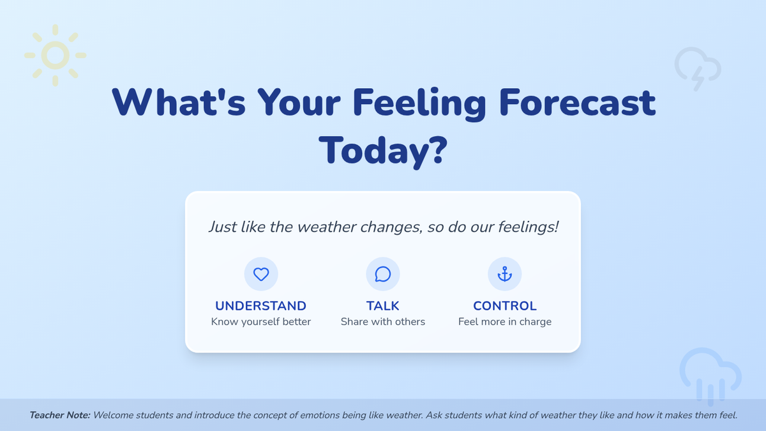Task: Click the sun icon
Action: (55, 56)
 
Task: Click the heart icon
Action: (261, 274)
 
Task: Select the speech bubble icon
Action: (382, 274)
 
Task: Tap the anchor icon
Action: (505, 274)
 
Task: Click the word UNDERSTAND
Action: (260, 306)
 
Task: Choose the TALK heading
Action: (382, 306)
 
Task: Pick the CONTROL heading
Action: (505, 306)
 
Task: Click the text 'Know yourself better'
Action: (261, 322)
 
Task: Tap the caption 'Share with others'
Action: (382, 322)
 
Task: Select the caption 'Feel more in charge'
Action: (505, 322)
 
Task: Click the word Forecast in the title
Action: (577, 103)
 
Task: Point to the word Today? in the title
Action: (383, 151)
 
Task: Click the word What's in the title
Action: (179, 102)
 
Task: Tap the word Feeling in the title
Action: (419, 103)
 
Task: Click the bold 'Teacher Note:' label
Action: (60, 415)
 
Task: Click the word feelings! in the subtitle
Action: (528, 227)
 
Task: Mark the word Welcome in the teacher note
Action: (113, 415)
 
